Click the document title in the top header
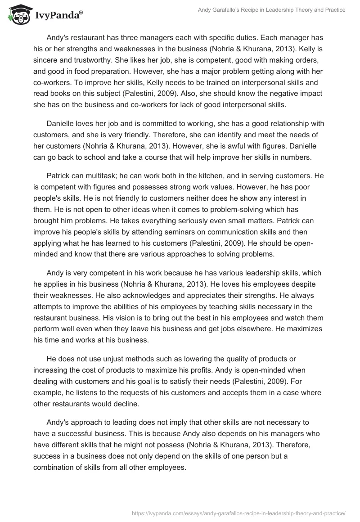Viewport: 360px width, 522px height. (x=272, y=10)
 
